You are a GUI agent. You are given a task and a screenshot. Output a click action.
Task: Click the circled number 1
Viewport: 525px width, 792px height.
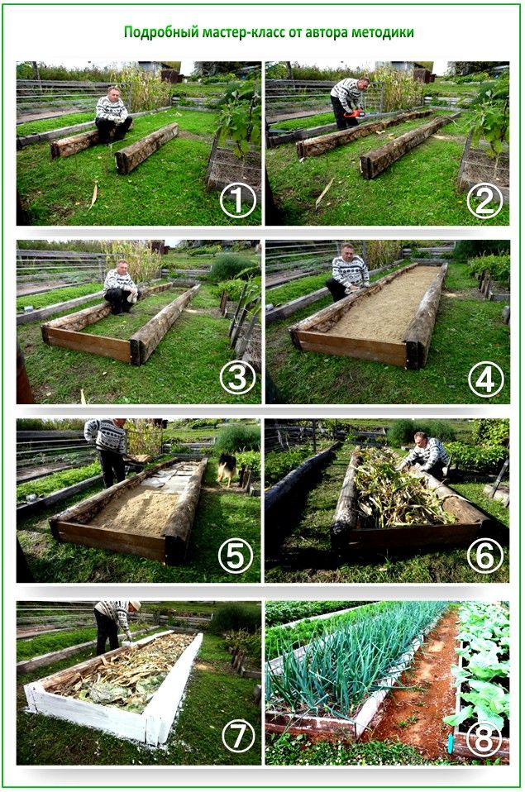pyautogui.click(x=237, y=201)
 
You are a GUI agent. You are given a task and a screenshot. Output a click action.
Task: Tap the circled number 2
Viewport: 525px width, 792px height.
pyautogui.click(x=484, y=201)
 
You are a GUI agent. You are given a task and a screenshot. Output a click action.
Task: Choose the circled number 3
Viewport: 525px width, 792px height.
pyautogui.click(x=237, y=379)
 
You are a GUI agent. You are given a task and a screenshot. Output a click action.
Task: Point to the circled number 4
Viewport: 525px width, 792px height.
pyautogui.click(x=485, y=379)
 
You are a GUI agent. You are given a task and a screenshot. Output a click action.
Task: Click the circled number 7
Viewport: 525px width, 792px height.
pyautogui.click(x=237, y=737)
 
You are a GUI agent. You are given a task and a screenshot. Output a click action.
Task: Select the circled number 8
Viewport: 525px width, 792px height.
pyautogui.click(x=484, y=738)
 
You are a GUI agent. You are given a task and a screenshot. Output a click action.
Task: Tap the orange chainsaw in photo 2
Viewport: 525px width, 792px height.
pyautogui.click(x=355, y=113)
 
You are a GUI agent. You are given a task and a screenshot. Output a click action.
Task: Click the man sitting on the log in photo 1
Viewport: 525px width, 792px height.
pyautogui.click(x=112, y=114)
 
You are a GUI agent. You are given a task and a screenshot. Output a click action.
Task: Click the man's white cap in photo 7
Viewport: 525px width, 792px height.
pyautogui.click(x=135, y=605)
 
